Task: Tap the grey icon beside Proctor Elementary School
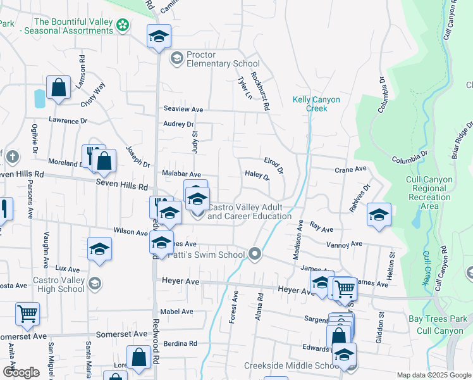coord(176,59)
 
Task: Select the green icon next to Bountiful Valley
coord(123,25)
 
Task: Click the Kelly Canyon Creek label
coord(316,104)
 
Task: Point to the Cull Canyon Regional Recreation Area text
coord(429,193)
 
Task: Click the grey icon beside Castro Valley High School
coord(95,282)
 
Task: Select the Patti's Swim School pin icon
coord(255,254)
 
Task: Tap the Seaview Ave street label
coord(183,110)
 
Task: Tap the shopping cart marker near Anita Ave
coord(27,313)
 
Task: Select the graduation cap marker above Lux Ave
coord(99,250)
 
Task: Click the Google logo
coord(21,372)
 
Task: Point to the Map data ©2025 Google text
coord(433,375)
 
